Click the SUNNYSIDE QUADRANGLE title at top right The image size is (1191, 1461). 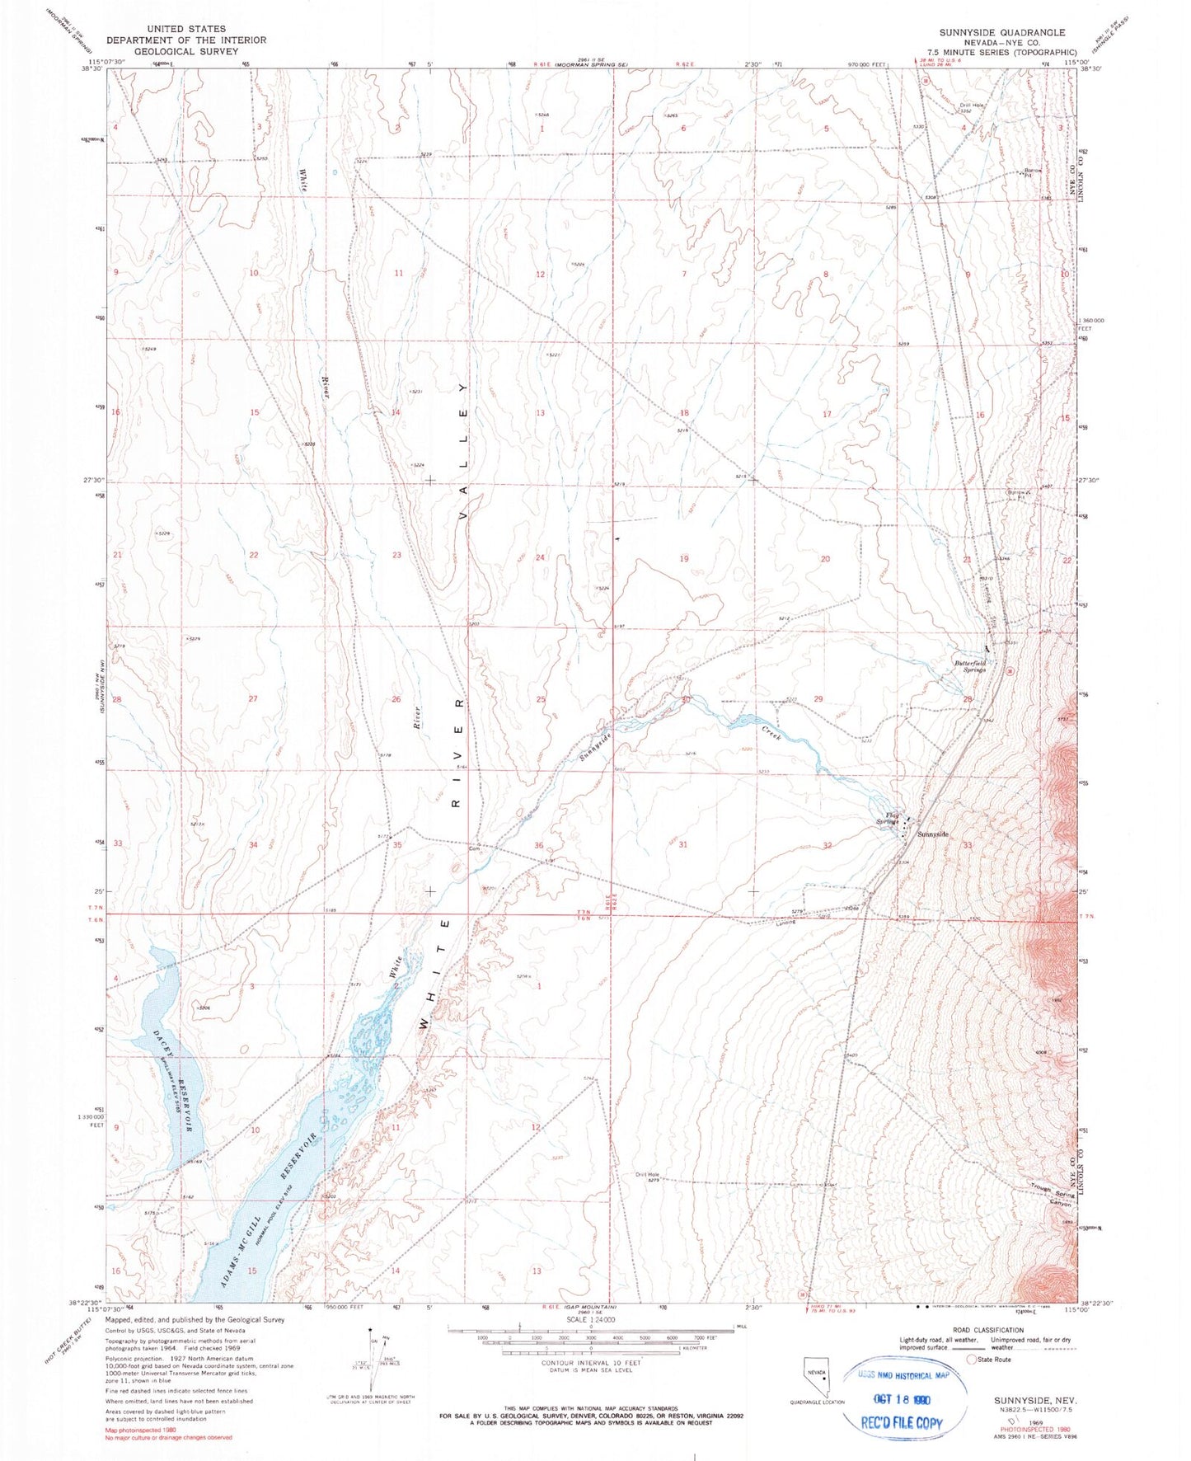[1001, 32]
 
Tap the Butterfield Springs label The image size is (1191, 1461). [970, 666]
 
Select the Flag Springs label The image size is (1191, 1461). [886, 819]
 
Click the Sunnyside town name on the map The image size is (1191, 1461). [933, 834]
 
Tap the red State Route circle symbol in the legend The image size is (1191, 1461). [972, 1360]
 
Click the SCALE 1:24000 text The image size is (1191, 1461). [589, 1320]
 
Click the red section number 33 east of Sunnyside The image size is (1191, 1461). [968, 845]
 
